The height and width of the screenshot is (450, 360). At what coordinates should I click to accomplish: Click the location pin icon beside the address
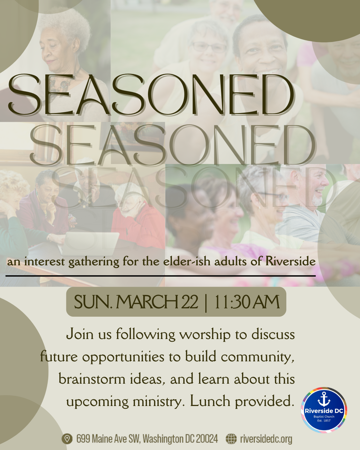[x=67, y=439]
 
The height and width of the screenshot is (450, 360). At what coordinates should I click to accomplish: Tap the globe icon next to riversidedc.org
[x=231, y=439]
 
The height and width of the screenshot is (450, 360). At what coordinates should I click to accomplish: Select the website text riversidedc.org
[x=266, y=439]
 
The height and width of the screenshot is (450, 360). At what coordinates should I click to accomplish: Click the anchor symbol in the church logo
[x=324, y=399]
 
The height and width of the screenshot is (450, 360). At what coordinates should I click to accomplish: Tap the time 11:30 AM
[x=246, y=302]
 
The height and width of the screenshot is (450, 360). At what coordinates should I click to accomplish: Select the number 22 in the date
[x=190, y=302]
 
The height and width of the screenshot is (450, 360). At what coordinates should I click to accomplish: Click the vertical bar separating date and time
[x=206, y=302]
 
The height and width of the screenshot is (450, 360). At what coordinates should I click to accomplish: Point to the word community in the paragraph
[x=257, y=357]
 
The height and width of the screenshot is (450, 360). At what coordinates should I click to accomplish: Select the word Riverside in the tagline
[x=290, y=261]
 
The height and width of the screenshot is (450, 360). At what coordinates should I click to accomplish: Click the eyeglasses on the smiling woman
[x=209, y=47]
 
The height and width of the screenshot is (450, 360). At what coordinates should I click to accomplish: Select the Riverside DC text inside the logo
[x=324, y=411]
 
